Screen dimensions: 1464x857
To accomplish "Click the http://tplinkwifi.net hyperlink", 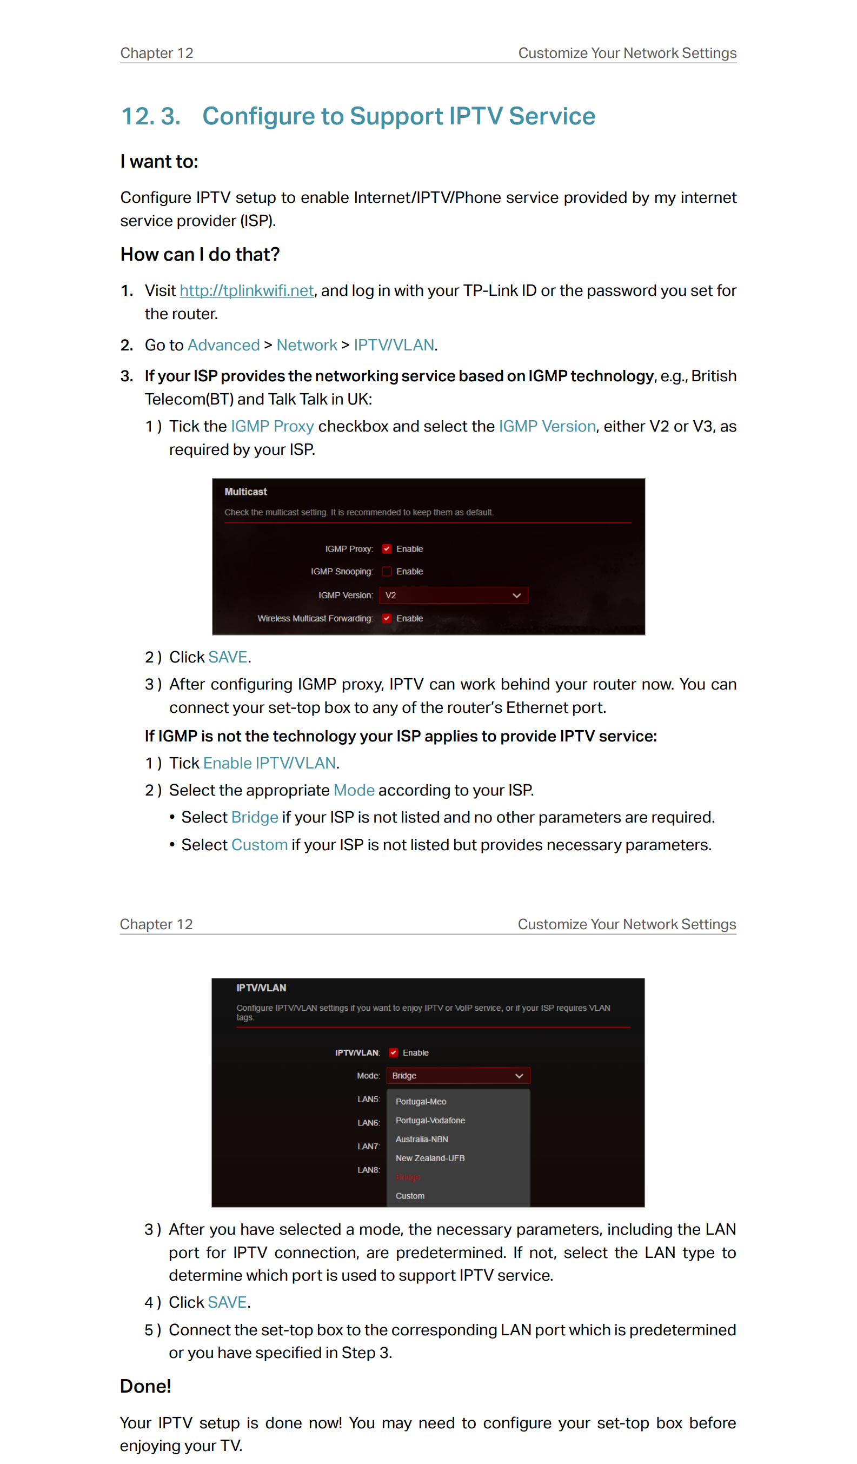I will (246, 290).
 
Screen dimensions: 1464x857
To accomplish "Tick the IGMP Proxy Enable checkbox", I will (387, 549).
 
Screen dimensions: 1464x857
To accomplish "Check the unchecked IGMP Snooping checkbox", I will (387, 572).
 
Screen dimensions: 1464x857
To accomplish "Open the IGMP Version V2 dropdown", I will (454, 595).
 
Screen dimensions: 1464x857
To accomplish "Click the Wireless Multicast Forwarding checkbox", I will (387, 619).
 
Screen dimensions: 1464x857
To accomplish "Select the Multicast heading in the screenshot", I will (245, 492).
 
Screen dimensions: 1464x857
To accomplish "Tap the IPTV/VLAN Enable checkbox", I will (393, 1052).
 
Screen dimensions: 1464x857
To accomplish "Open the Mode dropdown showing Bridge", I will (457, 1076).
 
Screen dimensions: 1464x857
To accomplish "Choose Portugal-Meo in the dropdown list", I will (421, 1102).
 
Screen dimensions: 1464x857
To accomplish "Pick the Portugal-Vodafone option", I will (430, 1121).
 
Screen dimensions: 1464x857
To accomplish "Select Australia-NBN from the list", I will (422, 1140).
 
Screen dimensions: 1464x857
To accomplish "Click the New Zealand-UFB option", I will (430, 1158).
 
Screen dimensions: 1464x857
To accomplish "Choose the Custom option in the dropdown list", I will (410, 1196).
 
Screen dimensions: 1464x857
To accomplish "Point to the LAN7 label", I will (368, 1146).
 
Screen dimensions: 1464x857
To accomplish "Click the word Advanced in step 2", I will (223, 345).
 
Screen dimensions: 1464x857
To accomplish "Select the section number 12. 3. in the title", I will (151, 116).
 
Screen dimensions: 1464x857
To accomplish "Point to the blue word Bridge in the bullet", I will (254, 817).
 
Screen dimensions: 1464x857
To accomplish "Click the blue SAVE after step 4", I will (227, 1302).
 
